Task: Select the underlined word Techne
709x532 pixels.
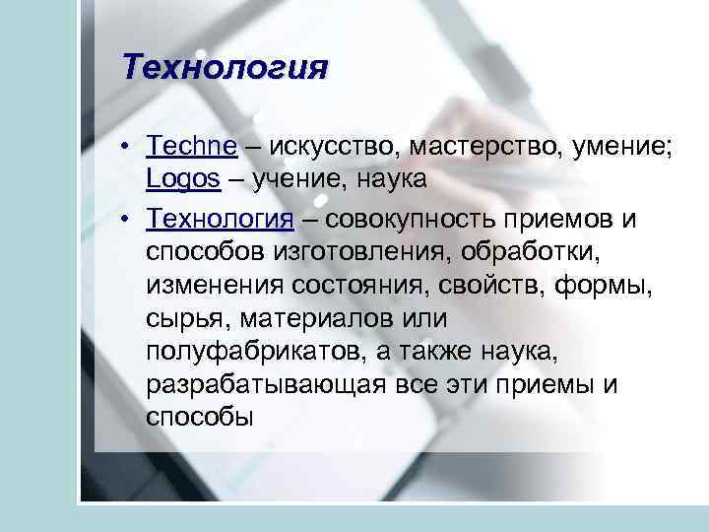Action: pyautogui.click(x=191, y=147)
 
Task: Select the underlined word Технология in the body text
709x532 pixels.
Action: pyautogui.click(x=220, y=217)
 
